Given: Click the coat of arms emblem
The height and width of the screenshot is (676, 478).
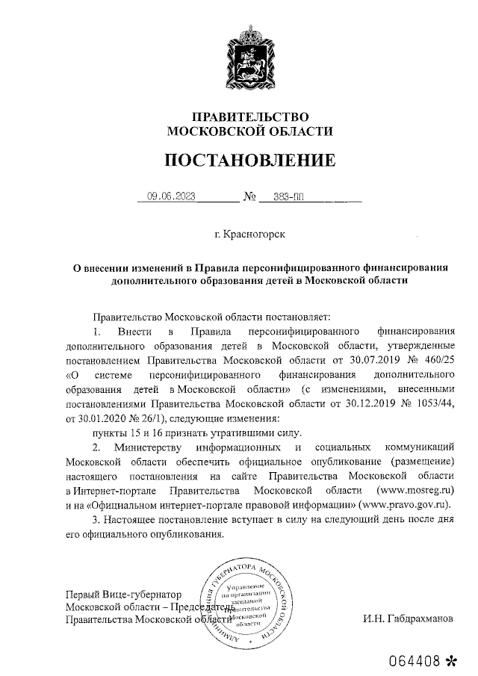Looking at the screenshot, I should pyautogui.click(x=250, y=56).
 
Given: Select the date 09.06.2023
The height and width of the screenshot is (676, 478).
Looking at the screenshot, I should pyautogui.click(x=171, y=197).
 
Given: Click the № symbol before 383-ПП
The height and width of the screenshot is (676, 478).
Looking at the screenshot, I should pyautogui.click(x=249, y=197).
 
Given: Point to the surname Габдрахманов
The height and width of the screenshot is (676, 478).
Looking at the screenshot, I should pyautogui.click(x=412, y=619).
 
